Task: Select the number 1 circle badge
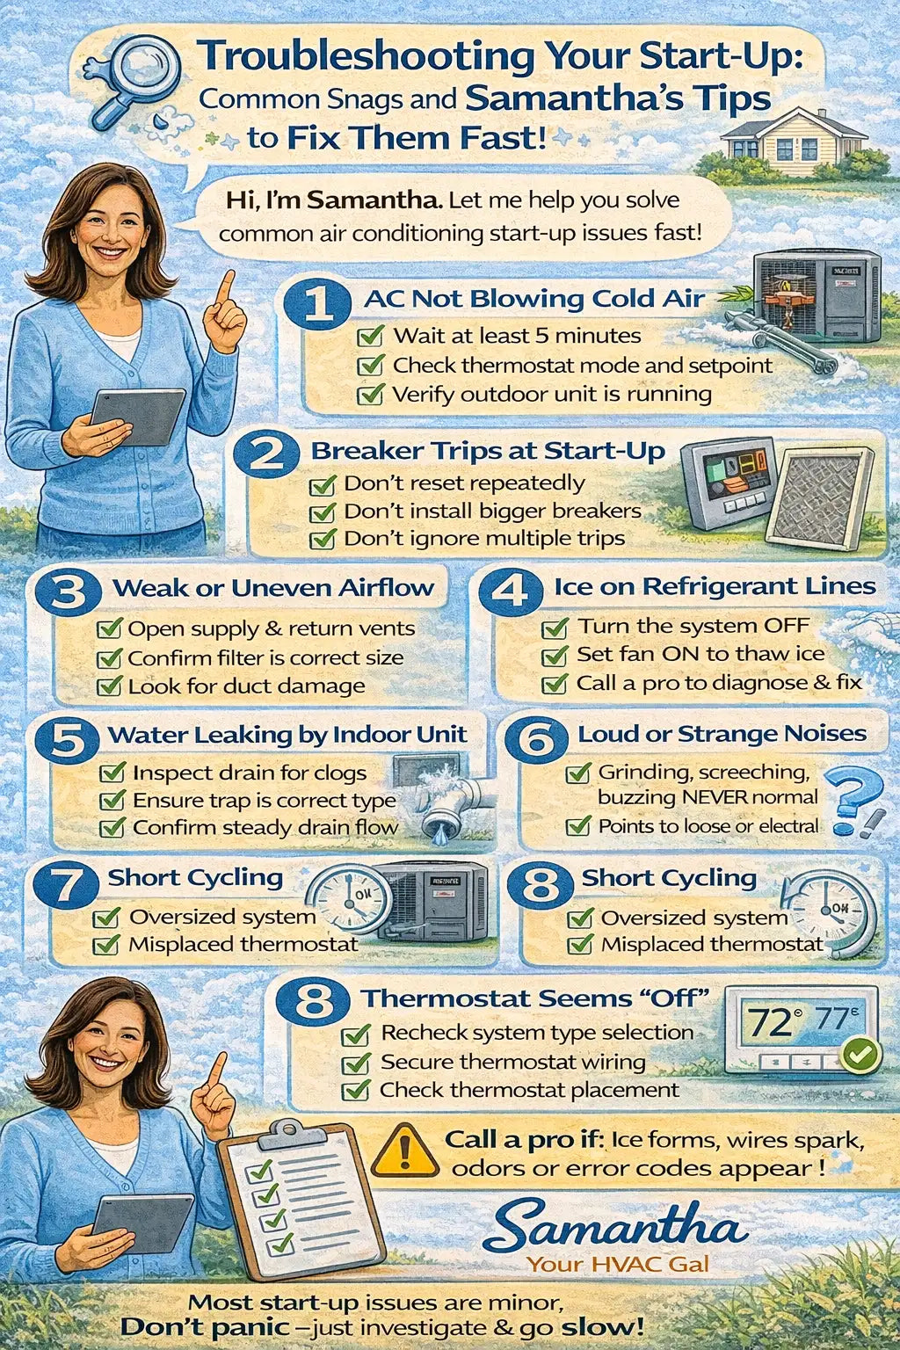[x=317, y=301]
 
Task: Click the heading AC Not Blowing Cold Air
[x=534, y=299]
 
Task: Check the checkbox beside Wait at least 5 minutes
[x=370, y=335]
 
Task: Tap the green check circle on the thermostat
[x=860, y=1054]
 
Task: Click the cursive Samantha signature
[x=616, y=1223]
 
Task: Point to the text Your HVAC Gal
[x=618, y=1264]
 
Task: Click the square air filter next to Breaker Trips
[x=820, y=497]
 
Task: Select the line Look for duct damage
[x=247, y=686]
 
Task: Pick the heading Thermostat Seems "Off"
[x=536, y=998]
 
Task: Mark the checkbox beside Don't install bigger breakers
[x=322, y=512]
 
